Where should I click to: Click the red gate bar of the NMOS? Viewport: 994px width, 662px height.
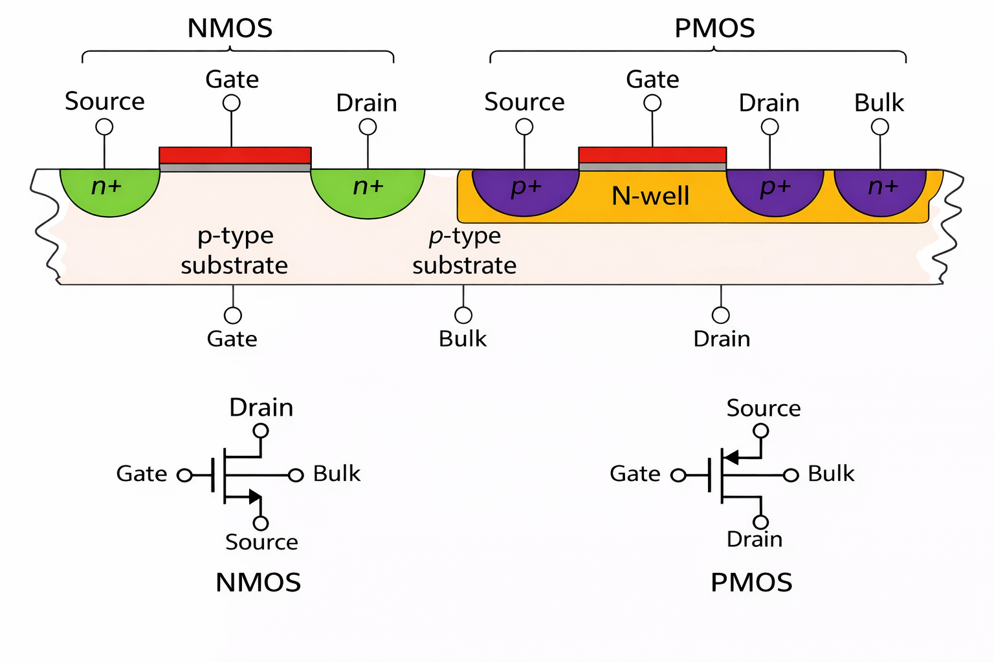(235, 155)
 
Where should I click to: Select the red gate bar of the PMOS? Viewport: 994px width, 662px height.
(652, 155)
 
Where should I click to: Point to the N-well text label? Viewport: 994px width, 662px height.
(650, 196)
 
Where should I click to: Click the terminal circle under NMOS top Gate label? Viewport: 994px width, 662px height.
(231, 103)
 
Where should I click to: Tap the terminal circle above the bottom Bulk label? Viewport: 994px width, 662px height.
(463, 315)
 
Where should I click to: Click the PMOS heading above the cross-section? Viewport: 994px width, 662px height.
(714, 28)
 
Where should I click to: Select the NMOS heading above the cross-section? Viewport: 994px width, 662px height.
(230, 28)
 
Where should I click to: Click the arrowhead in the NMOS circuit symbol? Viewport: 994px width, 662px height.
(255, 497)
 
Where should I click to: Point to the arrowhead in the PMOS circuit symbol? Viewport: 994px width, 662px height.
(731, 458)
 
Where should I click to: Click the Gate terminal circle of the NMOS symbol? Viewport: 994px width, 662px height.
(184, 476)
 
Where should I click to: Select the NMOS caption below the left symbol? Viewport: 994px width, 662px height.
(258, 582)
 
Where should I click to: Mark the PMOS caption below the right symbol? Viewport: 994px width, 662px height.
(751, 582)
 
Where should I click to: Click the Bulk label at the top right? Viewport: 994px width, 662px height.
(879, 103)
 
